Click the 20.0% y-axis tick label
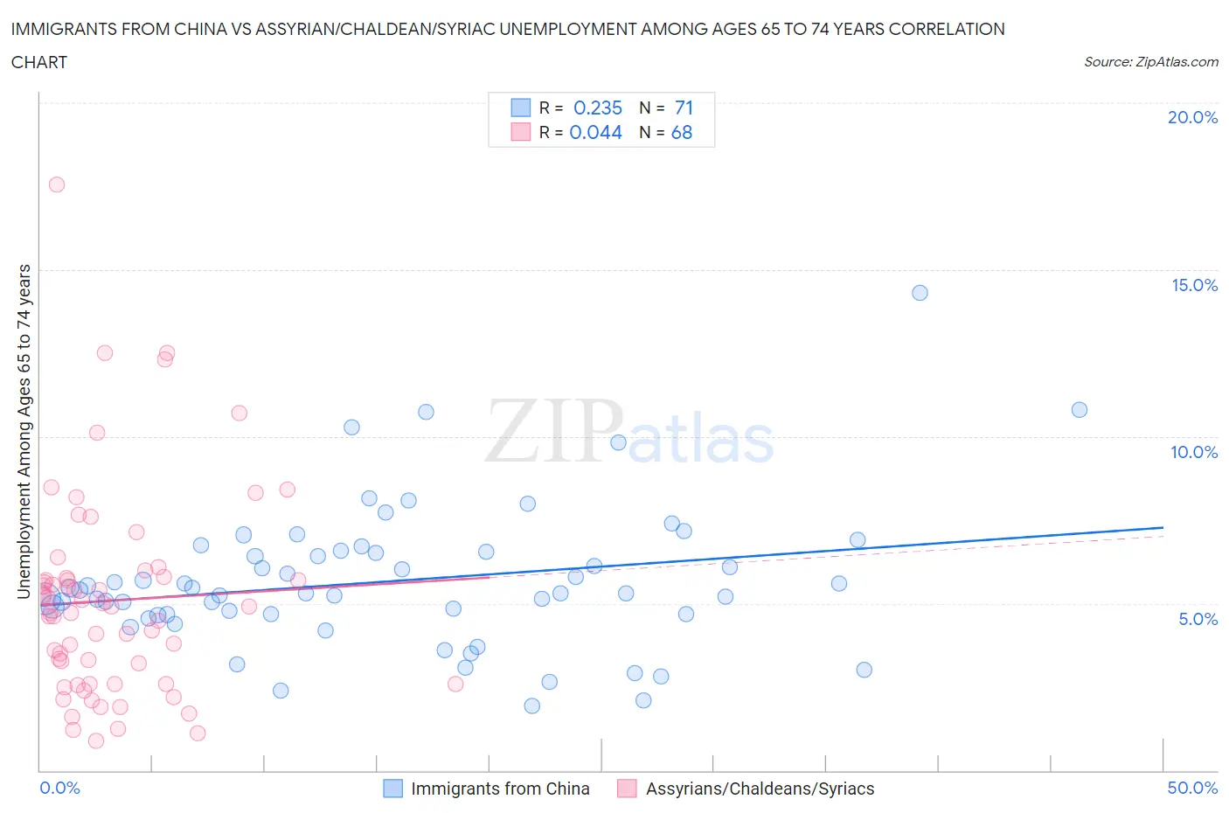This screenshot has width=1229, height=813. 1192,117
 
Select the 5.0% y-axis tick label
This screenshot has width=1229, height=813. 1198,619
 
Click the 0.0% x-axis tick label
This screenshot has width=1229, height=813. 59,788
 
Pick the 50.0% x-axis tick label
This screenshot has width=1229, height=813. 1192,788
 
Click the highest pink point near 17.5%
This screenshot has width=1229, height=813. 57,184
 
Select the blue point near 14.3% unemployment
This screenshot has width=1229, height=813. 920,293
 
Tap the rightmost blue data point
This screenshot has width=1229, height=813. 1080,410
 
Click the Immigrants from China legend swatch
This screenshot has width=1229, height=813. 393,789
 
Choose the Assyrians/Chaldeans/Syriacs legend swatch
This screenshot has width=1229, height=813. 627,789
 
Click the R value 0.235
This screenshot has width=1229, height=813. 598,108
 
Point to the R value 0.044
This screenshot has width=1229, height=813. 596,132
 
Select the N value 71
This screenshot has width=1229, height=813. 684,108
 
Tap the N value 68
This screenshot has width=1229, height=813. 682,132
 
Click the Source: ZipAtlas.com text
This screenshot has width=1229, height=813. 1150,61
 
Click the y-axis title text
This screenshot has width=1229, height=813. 24,431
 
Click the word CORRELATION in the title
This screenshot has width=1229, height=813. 947,29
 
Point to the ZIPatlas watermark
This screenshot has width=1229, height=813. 629,431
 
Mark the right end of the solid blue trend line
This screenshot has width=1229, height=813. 1163,528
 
